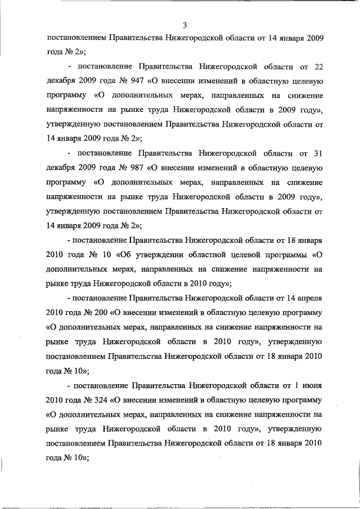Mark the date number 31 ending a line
click(316, 154)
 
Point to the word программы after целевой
click(287, 254)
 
